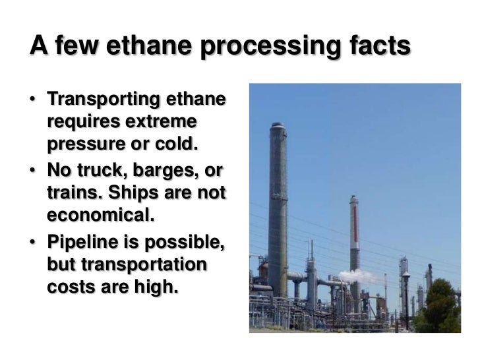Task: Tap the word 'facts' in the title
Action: (374, 47)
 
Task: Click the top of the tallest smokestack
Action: (277, 125)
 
